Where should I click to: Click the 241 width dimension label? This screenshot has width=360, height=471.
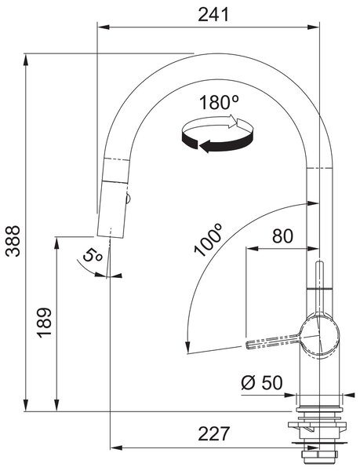[x=213, y=14]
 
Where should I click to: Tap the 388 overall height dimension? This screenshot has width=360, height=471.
[x=13, y=241]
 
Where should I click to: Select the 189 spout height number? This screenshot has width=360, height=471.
[x=45, y=323]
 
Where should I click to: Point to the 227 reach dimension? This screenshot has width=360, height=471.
[x=214, y=433]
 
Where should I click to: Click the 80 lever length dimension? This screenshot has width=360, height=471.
[x=282, y=236]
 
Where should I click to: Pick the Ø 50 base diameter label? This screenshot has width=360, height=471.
[x=262, y=383]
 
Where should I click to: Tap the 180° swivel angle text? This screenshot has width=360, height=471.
[x=219, y=102]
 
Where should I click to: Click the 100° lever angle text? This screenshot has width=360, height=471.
[x=209, y=239]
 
